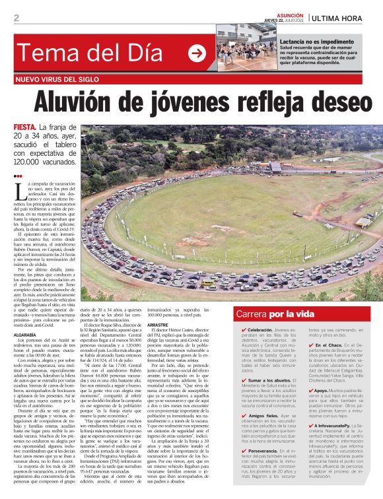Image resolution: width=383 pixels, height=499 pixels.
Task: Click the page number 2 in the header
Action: tap(16, 18)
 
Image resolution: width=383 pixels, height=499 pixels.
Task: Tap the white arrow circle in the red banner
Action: tap(197, 54)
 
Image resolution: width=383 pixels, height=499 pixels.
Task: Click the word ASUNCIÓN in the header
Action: tap(291, 13)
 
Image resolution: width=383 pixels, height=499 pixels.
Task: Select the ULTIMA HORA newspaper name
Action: tap(341, 18)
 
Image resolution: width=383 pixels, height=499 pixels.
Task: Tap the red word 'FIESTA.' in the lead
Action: tap(25, 127)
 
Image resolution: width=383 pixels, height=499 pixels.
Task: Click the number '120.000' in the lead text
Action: tap(28, 161)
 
